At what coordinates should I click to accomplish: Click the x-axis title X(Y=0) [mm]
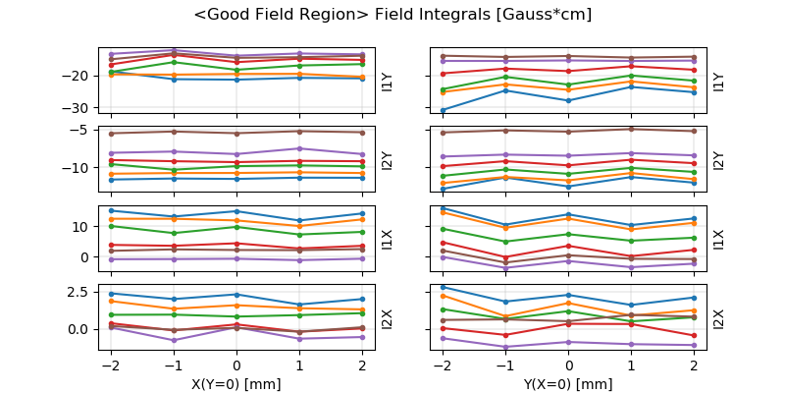pyautogui.click(x=236, y=383)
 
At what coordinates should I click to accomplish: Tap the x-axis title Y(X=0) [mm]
pyautogui.click(x=568, y=383)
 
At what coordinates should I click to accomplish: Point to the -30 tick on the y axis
pyautogui.click(x=79, y=107)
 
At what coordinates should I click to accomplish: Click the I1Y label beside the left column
pyautogui.click(x=387, y=81)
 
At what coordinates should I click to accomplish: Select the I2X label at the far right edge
pyautogui.click(x=719, y=317)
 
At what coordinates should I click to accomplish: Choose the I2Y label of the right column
pyautogui.click(x=719, y=159)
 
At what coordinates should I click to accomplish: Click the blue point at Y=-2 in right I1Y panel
pyautogui.click(x=444, y=110)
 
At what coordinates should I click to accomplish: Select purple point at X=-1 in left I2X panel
pyautogui.click(x=174, y=340)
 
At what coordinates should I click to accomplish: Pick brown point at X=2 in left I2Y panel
pyautogui.click(x=362, y=133)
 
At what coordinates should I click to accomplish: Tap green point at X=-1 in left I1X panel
pyautogui.click(x=174, y=233)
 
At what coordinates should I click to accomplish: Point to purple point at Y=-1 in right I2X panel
pyautogui.click(x=505, y=347)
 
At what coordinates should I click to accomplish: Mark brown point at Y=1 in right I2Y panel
pyautogui.click(x=631, y=129)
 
